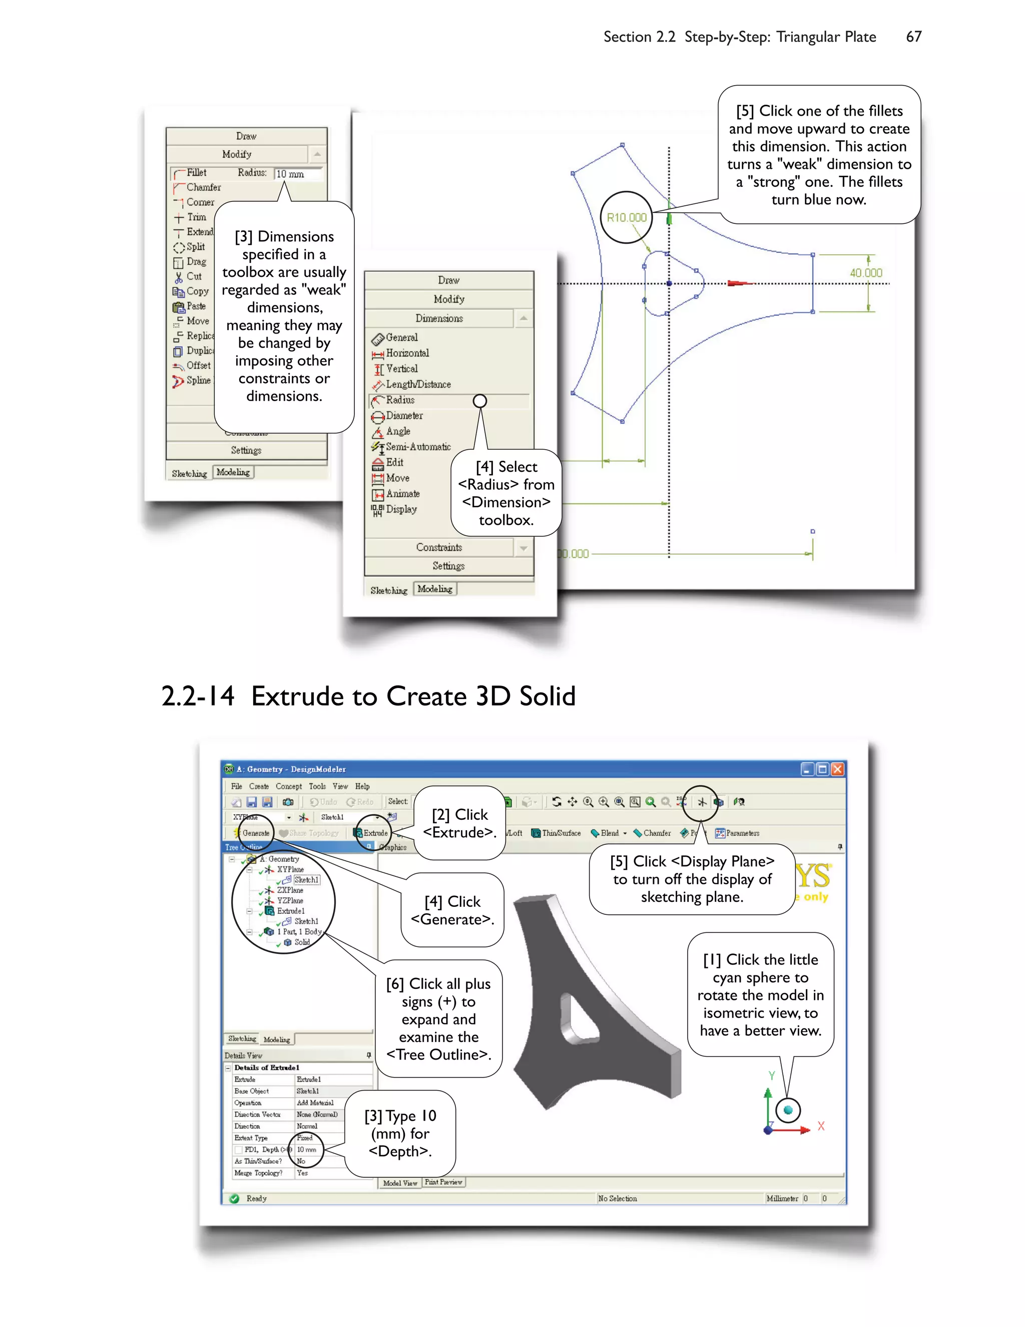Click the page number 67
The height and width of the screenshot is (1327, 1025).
913,37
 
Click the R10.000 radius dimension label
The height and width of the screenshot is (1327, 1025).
627,217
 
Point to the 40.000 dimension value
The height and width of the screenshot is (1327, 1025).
865,273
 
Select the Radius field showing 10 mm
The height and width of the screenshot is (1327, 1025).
298,174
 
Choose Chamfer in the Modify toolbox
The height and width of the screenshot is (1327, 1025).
203,187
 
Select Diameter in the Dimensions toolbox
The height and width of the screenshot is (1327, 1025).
404,416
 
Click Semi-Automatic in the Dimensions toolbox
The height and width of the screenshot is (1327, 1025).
418,447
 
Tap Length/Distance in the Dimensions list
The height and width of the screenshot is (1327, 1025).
418,384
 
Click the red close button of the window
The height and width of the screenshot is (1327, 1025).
837,769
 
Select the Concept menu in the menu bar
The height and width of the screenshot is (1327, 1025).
288,786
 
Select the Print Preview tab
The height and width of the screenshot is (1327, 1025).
443,1182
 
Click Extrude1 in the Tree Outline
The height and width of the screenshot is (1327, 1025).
290,911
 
